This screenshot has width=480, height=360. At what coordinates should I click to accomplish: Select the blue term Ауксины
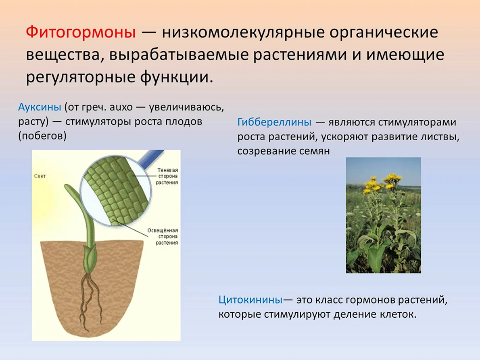click(x=40, y=107)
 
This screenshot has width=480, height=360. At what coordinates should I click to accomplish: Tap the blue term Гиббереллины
click(x=274, y=122)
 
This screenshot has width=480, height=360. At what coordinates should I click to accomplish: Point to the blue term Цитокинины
click(x=250, y=300)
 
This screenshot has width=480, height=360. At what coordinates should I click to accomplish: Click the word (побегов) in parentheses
click(x=42, y=136)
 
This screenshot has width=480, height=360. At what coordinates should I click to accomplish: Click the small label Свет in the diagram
click(x=40, y=176)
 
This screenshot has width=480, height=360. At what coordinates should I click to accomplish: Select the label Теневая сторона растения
click(x=167, y=176)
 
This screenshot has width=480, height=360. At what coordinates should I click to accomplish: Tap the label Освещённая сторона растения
click(x=163, y=236)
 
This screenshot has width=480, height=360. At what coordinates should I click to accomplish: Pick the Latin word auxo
click(x=121, y=107)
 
